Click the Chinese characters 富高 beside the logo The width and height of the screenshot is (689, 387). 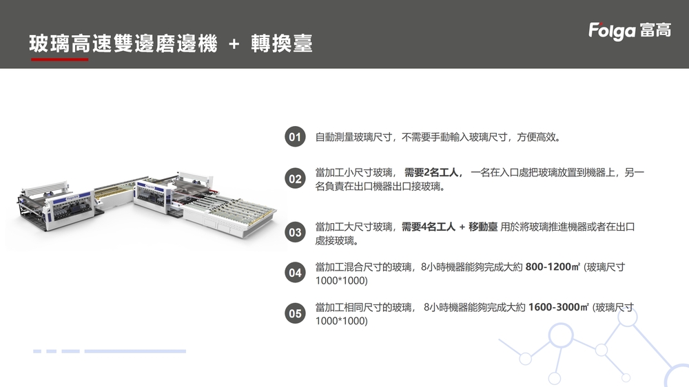pyautogui.click(x=655, y=30)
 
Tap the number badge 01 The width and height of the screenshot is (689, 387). pyautogui.click(x=295, y=137)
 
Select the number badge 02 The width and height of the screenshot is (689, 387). pyautogui.click(x=295, y=179)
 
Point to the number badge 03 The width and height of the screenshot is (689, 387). pyautogui.click(x=295, y=233)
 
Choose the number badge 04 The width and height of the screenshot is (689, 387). pyautogui.click(x=295, y=273)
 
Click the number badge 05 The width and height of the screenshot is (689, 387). pyautogui.click(x=295, y=313)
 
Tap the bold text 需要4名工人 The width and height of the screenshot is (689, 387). pyautogui.click(x=429, y=227)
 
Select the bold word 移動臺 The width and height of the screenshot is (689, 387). pyautogui.click(x=483, y=227)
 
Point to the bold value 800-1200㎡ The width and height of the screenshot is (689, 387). pyautogui.click(x=553, y=267)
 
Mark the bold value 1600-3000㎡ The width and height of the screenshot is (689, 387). pyautogui.click(x=559, y=307)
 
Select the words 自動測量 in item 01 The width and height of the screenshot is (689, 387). pyautogui.click(x=334, y=137)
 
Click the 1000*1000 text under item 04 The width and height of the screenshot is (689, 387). pyautogui.click(x=341, y=281)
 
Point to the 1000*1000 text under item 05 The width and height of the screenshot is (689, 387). pyautogui.click(x=341, y=321)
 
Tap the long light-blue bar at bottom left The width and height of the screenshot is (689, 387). pyautogui.click(x=134, y=351)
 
